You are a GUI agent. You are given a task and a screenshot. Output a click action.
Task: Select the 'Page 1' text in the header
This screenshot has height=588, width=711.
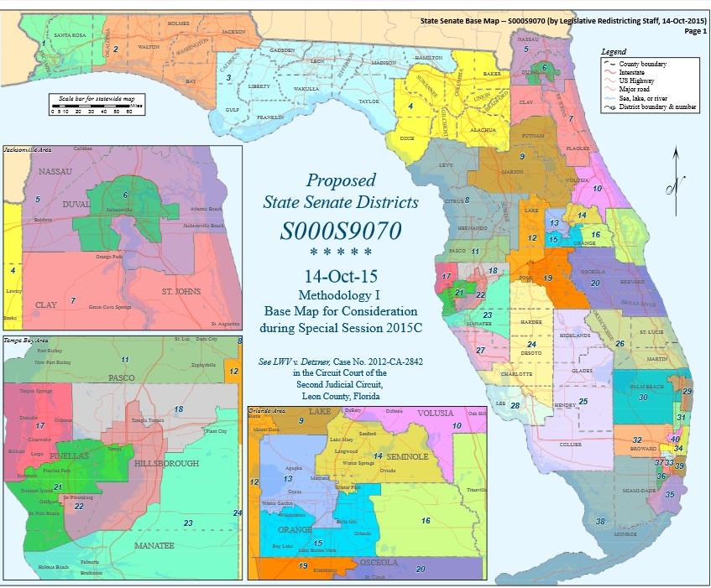(694, 30)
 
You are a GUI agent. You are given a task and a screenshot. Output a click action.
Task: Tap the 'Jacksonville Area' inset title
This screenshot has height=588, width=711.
(27, 148)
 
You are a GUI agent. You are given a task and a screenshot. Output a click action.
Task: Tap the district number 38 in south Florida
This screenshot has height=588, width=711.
(600, 521)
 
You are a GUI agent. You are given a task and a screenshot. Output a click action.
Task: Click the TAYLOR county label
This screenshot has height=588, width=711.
(369, 101)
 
